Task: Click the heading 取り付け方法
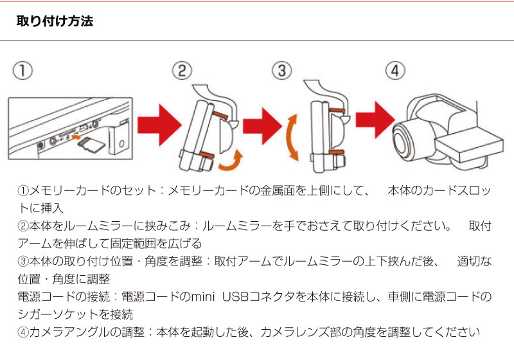[x=55, y=21]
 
